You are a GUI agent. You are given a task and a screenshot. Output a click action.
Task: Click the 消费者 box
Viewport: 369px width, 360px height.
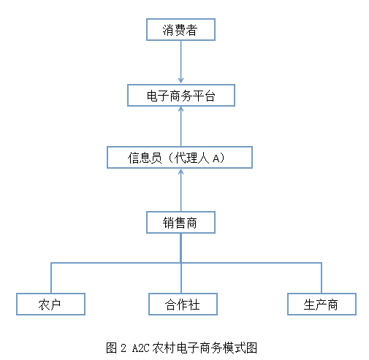click(x=180, y=30)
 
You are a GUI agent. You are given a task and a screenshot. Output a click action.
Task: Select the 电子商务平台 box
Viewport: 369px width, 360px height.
click(x=180, y=96)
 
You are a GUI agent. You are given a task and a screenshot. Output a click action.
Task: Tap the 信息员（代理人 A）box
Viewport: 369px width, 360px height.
click(x=180, y=158)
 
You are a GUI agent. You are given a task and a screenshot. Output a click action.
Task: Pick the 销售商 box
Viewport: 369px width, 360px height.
click(x=180, y=222)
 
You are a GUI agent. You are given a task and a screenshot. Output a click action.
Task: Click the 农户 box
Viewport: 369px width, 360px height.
click(x=50, y=304)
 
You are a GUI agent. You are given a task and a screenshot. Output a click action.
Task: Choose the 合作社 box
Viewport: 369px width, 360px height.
click(x=183, y=304)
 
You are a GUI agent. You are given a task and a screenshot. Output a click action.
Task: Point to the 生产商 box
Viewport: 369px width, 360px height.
click(x=322, y=304)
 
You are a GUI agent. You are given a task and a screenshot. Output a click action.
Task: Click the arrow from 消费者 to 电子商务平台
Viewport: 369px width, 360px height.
click(x=180, y=62)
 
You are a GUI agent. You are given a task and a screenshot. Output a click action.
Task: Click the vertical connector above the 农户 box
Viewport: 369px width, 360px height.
click(x=51, y=277)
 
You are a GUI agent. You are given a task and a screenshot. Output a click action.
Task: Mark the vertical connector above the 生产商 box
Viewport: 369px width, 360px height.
click(x=322, y=277)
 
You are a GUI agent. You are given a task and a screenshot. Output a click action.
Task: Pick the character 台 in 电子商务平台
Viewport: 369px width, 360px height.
click(x=209, y=96)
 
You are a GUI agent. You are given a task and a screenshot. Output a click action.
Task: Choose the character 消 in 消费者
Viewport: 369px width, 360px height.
click(x=164, y=30)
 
